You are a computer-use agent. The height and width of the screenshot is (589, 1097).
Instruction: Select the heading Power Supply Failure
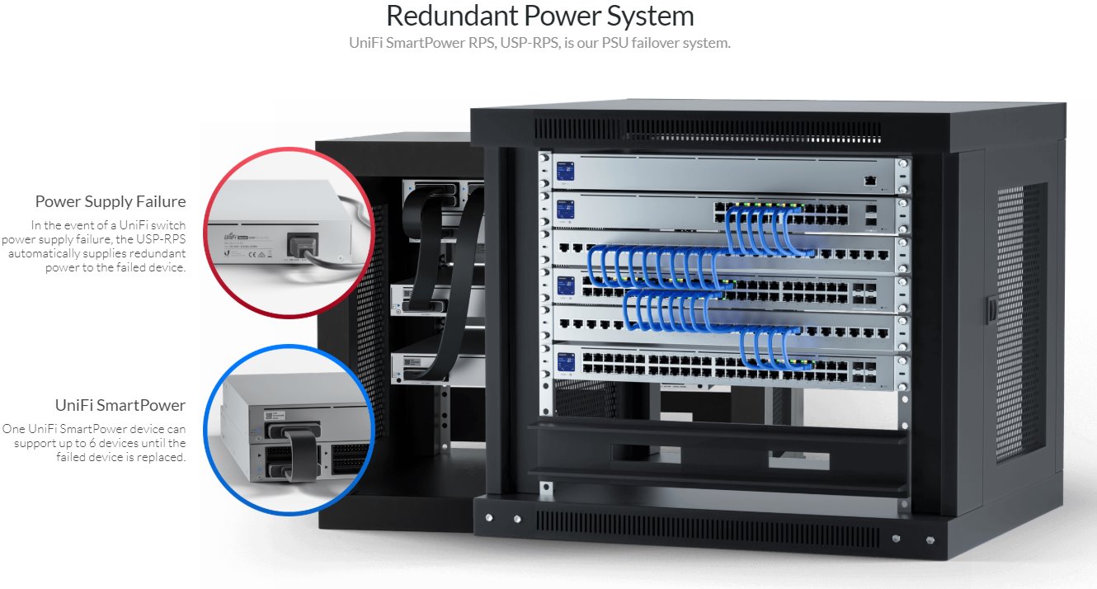pos(111,201)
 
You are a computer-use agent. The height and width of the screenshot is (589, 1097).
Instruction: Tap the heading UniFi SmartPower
pos(120,405)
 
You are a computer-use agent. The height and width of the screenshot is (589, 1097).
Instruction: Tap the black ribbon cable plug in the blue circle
pos(302,450)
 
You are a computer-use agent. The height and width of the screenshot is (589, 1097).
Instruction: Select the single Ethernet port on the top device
pos(869,179)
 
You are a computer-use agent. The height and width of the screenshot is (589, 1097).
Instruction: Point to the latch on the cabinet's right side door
pos(990,309)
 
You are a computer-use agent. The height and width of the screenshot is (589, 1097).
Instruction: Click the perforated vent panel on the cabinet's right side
pos(1019,322)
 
